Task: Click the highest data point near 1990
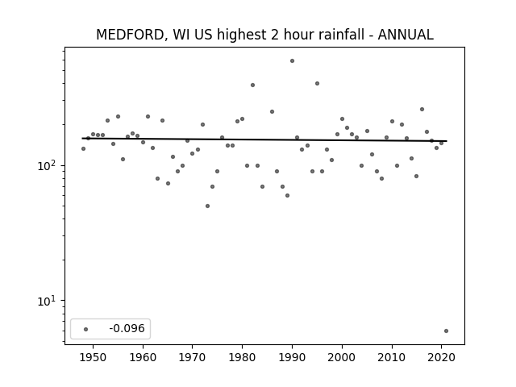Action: [x=292, y=61]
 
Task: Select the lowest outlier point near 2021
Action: [x=446, y=331]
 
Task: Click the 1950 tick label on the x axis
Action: [x=94, y=358]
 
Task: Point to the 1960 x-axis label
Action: [x=143, y=358]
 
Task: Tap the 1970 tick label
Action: [x=193, y=358]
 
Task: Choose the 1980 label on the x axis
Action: [x=242, y=358]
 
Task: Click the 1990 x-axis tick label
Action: [x=292, y=358]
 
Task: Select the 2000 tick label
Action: [x=342, y=358]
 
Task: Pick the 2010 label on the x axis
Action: [x=392, y=358]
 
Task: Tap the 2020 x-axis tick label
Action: [x=441, y=358]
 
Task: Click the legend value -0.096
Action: [x=127, y=328]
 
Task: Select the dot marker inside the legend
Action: [x=85, y=329]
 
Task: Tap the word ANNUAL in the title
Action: [x=406, y=35]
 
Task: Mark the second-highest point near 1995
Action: [x=317, y=84]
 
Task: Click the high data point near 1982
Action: [x=252, y=85]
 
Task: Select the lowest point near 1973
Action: [x=208, y=206]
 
